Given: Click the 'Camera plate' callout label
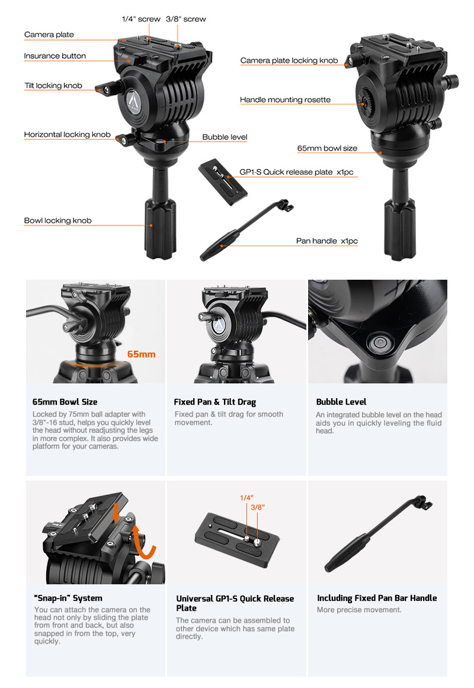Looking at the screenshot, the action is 49,34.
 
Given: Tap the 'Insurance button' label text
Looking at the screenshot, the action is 55,56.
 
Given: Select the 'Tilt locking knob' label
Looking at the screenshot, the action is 53,85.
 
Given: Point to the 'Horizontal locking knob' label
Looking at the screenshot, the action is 67,135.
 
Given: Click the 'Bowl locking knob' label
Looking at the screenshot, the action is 58,220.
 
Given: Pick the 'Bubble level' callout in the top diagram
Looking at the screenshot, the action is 225,137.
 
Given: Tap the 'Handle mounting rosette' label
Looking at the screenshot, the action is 285,100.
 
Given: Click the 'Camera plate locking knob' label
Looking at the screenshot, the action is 289,60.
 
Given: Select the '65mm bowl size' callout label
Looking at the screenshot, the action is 328,148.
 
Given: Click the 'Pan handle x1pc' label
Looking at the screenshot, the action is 327,241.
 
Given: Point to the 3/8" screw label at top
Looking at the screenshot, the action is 185,20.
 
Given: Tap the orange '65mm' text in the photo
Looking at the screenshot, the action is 142,354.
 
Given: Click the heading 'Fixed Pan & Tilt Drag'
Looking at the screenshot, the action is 215,402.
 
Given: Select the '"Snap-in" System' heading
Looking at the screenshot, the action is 68,598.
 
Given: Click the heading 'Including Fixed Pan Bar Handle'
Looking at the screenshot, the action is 377,598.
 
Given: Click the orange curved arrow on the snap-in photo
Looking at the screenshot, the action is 143,542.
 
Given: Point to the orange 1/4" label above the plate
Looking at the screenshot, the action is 246,498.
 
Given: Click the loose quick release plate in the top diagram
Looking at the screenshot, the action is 223,182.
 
